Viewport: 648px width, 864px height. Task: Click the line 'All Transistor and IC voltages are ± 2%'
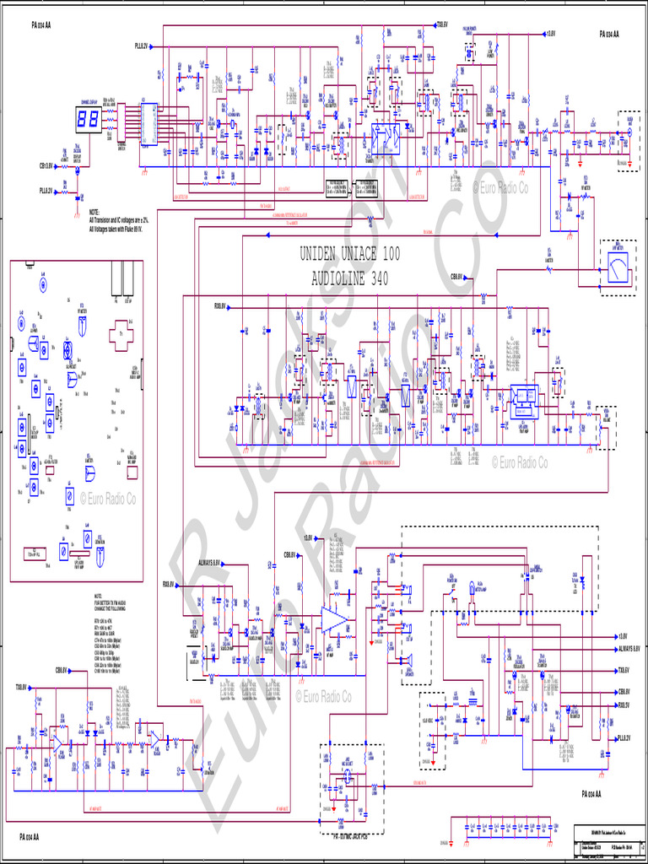(x=127, y=219)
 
